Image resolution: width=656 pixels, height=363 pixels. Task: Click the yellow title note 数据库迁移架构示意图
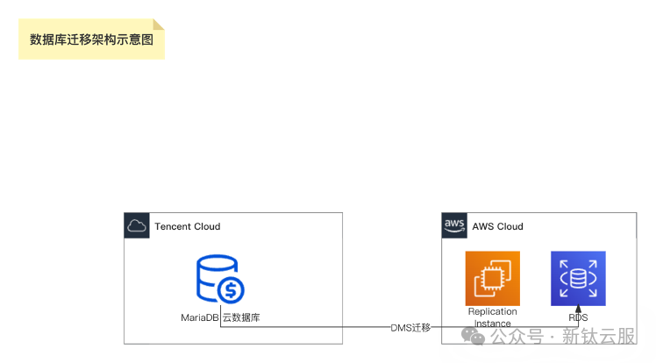coord(91,39)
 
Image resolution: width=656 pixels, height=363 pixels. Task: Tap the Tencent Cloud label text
coord(187,226)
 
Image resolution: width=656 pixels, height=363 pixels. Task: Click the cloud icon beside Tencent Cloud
coord(136,226)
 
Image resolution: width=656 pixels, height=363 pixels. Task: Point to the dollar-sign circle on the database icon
coord(231,289)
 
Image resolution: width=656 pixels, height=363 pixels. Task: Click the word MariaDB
coord(199,317)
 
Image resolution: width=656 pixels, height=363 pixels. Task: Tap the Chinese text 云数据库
coord(241,317)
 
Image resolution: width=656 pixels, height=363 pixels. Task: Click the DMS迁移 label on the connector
coord(410,328)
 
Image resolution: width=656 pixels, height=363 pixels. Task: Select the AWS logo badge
coord(453,225)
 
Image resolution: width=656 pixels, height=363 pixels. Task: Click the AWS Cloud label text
coord(497,226)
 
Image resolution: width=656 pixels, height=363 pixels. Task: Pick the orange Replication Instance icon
coord(492,278)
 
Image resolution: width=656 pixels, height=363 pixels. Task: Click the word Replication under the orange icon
coord(492,311)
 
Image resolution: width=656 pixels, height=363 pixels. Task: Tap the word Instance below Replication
coord(492,324)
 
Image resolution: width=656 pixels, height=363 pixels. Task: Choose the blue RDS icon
coord(578,278)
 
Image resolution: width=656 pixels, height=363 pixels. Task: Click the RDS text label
coord(578,317)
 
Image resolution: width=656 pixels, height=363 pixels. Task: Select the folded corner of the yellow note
coord(159,24)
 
